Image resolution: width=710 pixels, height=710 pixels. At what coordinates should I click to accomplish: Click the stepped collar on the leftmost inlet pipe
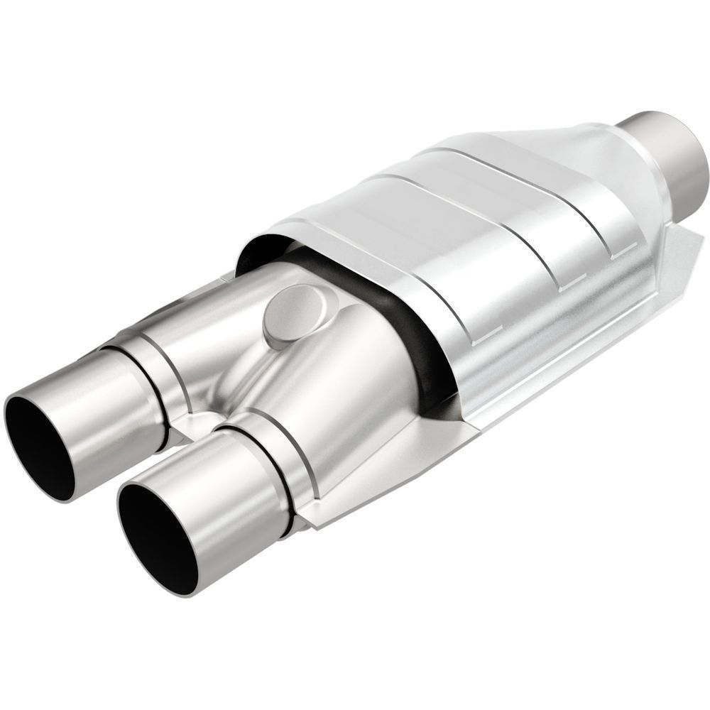click(153, 369)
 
